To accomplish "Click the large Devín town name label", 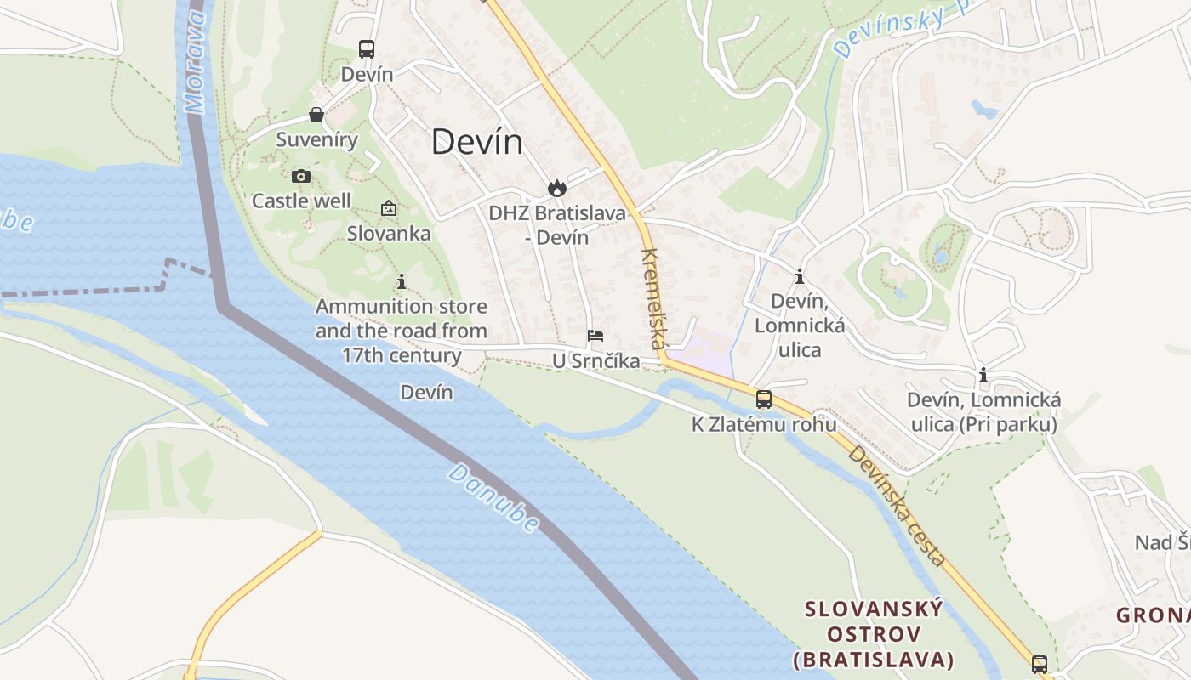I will tap(476, 142).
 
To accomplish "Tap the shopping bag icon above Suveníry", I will tap(316, 115).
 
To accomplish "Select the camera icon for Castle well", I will tap(300, 177).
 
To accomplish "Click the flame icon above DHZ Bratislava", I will tap(556, 188).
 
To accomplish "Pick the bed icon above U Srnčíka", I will tap(595, 336).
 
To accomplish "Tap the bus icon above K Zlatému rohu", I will tap(764, 399).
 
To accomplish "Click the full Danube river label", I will tap(493, 498).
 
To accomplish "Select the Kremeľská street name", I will tap(652, 298).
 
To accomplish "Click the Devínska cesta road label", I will tap(897, 506).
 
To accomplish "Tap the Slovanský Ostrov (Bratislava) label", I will tap(874, 634).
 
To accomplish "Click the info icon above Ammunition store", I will tap(402, 281).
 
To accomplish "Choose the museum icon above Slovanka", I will tap(389, 208).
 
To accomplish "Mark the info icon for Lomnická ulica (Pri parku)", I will tap(983, 375).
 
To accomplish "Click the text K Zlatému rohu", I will tap(763, 424).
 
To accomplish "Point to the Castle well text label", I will tap(301, 201).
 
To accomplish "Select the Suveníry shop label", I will tap(316, 139).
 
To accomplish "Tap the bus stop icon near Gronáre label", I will tap(1039, 664).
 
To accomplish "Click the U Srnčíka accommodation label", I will tap(595, 361).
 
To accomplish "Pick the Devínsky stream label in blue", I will tap(902, 25).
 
